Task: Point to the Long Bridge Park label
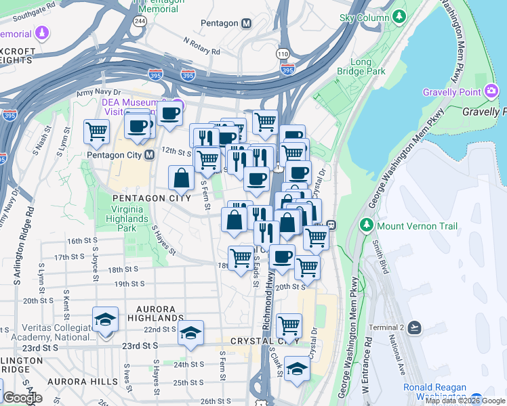pyautogui.click(x=361, y=66)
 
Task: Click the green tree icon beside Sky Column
pyautogui.click(x=400, y=16)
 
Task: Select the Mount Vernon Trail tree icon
pyautogui.click(x=367, y=224)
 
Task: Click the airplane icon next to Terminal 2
pyautogui.click(x=415, y=328)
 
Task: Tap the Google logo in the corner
pyautogui.click(x=22, y=398)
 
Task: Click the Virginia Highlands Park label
pyautogui.click(x=127, y=219)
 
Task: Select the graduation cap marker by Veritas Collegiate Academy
pyautogui.click(x=105, y=319)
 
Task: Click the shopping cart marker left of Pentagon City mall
pyautogui.click(x=97, y=131)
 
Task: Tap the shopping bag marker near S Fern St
pyautogui.click(x=182, y=179)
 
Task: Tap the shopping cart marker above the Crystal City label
pyautogui.click(x=289, y=325)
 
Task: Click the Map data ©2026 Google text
pyautogui.click(x=465, y=401)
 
